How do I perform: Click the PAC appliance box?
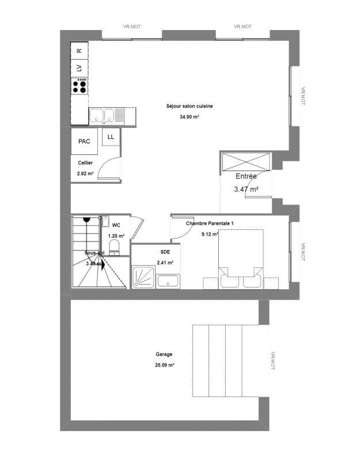point(84,141)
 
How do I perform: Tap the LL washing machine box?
point(111,137)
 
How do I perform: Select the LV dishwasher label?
point(79,68)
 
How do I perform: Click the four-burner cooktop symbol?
point(79,86)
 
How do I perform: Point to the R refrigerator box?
point(79,51)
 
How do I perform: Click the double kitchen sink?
point(105,116)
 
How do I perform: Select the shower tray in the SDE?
point(143,277)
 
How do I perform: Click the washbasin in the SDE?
point(169,282)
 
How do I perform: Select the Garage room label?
point(164,355)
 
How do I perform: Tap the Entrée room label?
point(246,176)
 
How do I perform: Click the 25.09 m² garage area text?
point(165,365)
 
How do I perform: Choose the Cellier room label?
point(85,163)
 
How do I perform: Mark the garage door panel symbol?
point(225,361)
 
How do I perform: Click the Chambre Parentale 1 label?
point(210,223)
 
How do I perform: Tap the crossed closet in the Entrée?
point(246,161)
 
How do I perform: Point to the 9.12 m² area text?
point(210,234)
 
